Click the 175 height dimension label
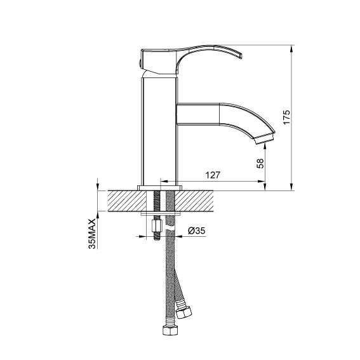pos(286,117)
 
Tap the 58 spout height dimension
pos(260,163)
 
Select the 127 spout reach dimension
pos(212,175)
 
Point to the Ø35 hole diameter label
pos(197,230)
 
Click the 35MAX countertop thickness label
pos(92,234)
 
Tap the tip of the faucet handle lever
pos(241,57)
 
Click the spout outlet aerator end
pos(265,139)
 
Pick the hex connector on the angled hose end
pos(183,312)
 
